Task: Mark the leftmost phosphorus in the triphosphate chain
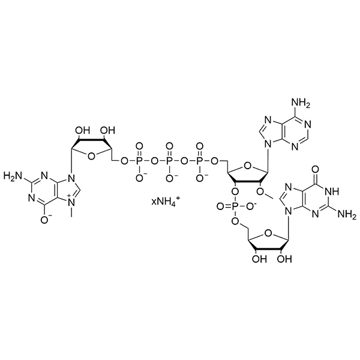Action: [140, 161]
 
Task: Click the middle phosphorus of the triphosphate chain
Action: [169, 161]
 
